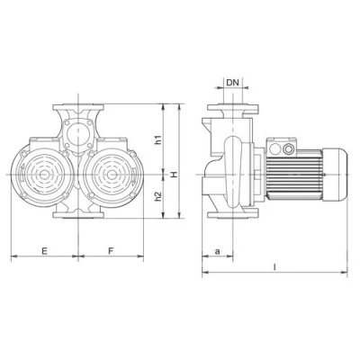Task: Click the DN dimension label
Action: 232,82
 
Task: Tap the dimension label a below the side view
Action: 217,251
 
